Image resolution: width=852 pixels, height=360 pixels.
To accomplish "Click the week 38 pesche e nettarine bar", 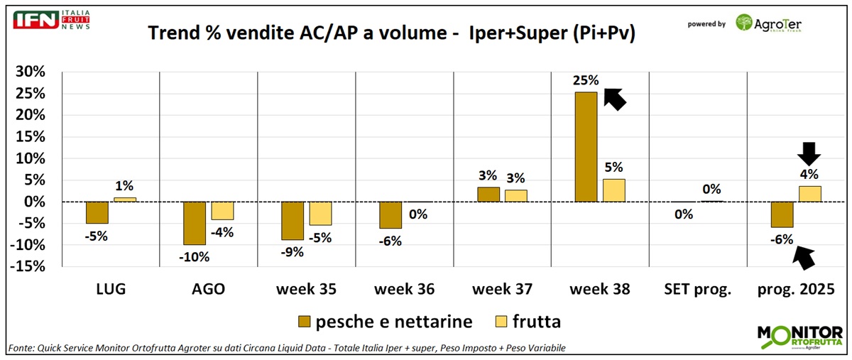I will [x=586, y=147].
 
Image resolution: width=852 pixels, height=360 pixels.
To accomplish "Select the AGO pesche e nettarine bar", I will [x=195, y=223].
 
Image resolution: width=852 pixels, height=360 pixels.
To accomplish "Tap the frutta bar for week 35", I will [x=320, y=214].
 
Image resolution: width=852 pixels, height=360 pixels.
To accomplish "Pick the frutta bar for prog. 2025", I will [x=810, y=194].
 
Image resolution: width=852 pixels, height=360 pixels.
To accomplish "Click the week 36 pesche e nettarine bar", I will [x=390, y=215].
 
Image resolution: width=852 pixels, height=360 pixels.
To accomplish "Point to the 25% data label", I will [x=586, y=80].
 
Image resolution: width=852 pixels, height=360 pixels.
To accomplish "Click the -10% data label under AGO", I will [x=195, y=256].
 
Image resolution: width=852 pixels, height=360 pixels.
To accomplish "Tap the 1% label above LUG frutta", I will [x=124, y=186].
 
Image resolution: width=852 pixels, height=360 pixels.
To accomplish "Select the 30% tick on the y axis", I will [x=31, y=72].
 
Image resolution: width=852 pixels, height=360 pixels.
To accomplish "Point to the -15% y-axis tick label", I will [x=28, y=267].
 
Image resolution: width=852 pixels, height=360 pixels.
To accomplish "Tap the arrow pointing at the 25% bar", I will [x=615, y=97].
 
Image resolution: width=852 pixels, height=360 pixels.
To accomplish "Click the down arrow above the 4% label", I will [x=809, y=152].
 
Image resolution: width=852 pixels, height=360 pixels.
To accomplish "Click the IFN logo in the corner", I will [x=36, y=20].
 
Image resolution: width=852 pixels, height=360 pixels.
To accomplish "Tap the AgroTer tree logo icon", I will [x=746, y=23].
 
